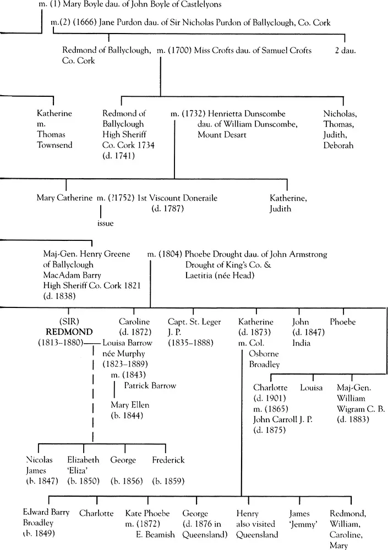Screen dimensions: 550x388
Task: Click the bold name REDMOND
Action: coord(66,333)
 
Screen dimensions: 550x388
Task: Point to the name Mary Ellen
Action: coord(130,405)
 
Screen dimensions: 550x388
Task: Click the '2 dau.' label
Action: coord(345,50)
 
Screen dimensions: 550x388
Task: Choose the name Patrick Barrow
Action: coord(150,386)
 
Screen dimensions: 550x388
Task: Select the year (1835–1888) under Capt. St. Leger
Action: coord(189,343)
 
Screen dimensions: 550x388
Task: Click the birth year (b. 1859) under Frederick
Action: coord(168,481)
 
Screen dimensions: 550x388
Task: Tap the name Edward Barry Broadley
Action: coord(46,518)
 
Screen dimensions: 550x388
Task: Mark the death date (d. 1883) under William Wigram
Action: coord(352,420)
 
